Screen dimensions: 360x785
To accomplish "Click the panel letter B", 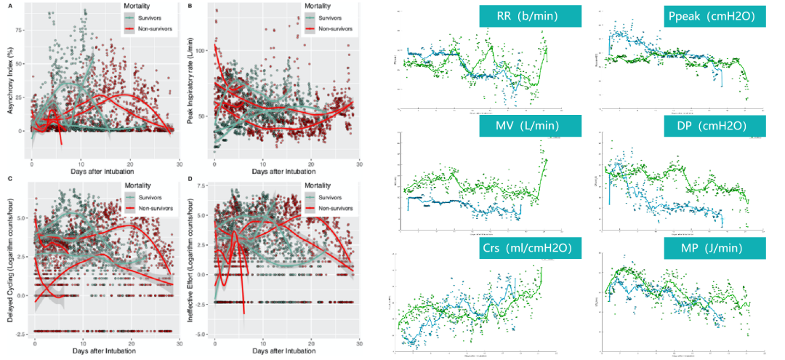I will (189, 6).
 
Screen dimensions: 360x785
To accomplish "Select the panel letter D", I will (189, 180).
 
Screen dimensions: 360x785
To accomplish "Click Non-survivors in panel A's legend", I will (153, 28).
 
